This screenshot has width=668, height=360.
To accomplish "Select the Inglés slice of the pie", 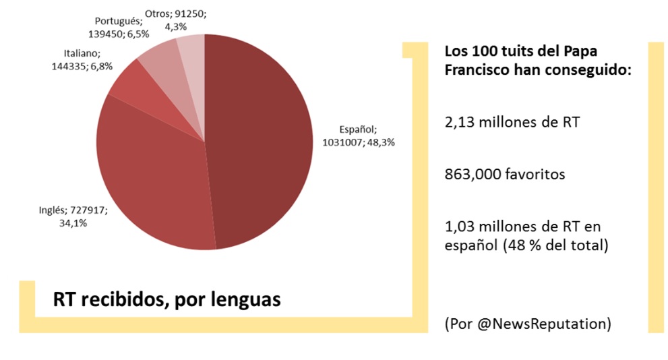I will pyautogui.click(x=155, y=182).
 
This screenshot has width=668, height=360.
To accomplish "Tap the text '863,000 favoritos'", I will pyautogui.click(x=505, y=175).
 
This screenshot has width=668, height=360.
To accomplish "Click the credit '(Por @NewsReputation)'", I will pyautogui.click(x=528, y=324).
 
